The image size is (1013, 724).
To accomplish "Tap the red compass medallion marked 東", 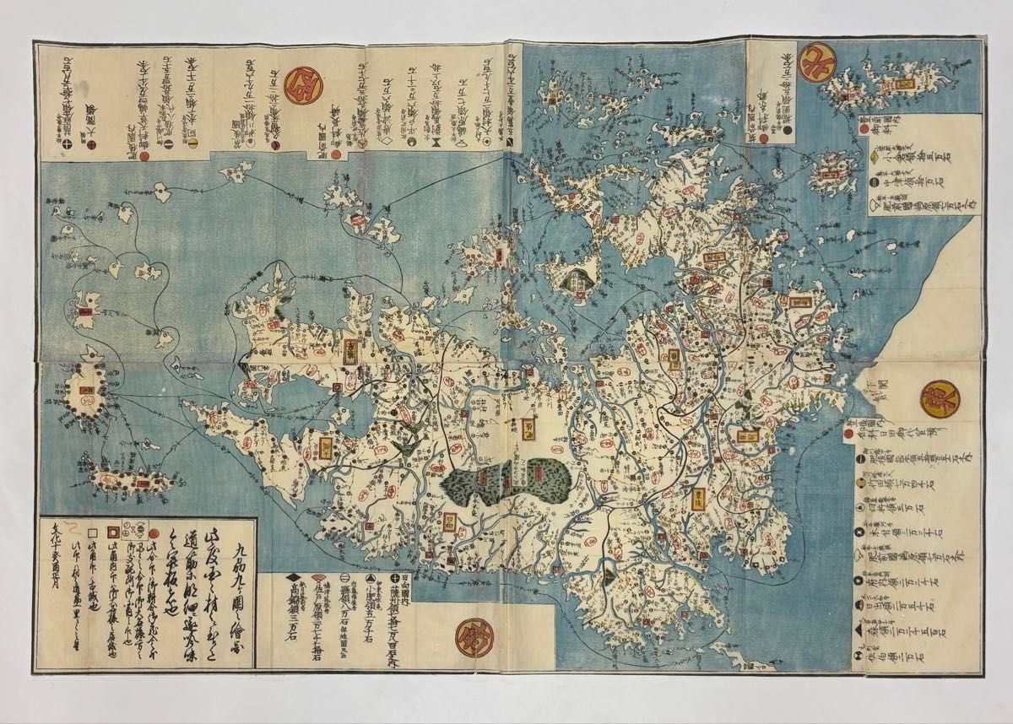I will pyautogui.click(x=934, y=395).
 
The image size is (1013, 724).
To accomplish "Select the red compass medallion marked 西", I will pyautogui.click(x=300, y=85).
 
